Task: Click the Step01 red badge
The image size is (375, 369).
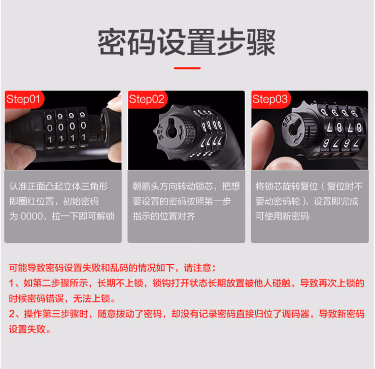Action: tap(24, 100)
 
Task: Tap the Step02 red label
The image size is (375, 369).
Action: tap(147, 100)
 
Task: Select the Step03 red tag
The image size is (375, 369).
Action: tap(271, 100)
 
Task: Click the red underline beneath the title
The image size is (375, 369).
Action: tap(187, 68)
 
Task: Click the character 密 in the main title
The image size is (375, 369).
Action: tap(113, 42)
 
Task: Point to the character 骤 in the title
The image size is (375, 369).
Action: tap(261, 42)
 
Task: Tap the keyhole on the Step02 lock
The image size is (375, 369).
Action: tap(173, 130)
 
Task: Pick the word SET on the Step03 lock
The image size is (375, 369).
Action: tap(287, 121)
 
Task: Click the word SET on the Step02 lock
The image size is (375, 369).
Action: tap(161, 132)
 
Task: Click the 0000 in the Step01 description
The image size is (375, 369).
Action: tap(31, 217)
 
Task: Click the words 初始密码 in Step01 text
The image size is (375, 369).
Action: tap(81, 201)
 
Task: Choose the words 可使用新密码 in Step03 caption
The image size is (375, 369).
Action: tap(282, 217)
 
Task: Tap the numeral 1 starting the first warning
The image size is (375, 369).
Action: tap(11, 283)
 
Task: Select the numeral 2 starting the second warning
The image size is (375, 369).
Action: tap(12, 314)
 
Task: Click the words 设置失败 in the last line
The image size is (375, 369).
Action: tap(27, 329)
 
